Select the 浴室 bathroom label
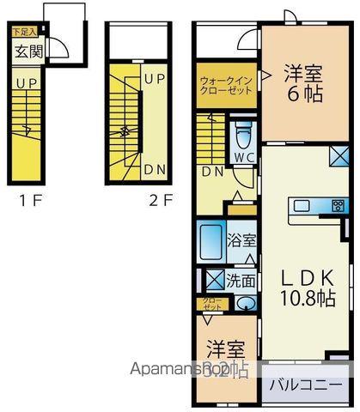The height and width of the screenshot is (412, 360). pyautogui.click(x=241, y=241)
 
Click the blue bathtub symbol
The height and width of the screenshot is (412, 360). pyautogui.click(x=211, y=243)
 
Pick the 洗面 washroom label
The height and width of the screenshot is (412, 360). pyautogui.click(x=241, y=279)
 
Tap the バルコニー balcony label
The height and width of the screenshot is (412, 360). pyautogui.click(x=308, y=385)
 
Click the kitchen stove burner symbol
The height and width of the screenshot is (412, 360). pyautogui.click(x=338, y=205)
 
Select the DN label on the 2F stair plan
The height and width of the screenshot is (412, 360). pyautogui.click(x=155, y=169)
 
